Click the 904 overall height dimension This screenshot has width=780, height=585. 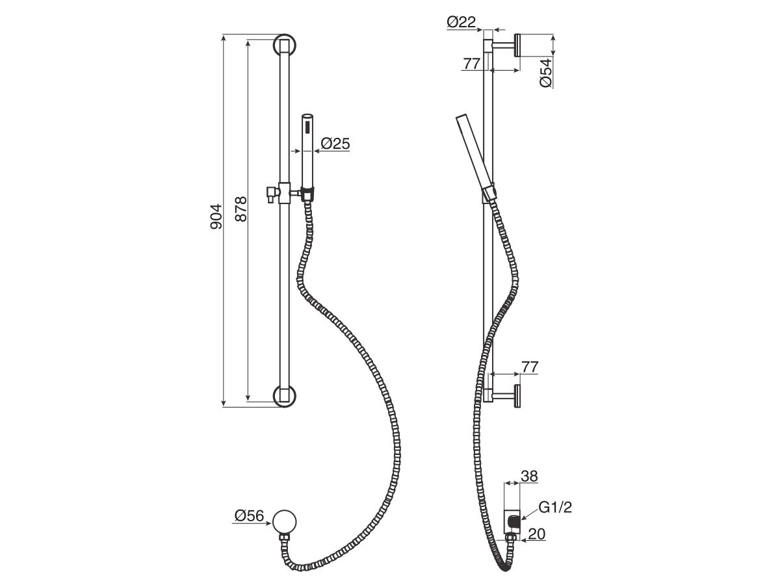click(217, 216)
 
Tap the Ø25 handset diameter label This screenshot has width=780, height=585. click(335, 144)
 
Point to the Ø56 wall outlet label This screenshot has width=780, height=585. click(249, 517)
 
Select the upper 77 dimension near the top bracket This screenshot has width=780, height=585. click(472, 64)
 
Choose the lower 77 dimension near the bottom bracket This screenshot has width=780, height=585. click(530, 367)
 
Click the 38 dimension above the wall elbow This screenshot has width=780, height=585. click(530, 476)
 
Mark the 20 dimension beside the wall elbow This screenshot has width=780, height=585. click(537, 534)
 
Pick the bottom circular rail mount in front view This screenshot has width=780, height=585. click(284, 395)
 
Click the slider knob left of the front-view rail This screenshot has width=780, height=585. click(271, 193)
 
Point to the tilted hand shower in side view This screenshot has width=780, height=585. click(478, 153)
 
